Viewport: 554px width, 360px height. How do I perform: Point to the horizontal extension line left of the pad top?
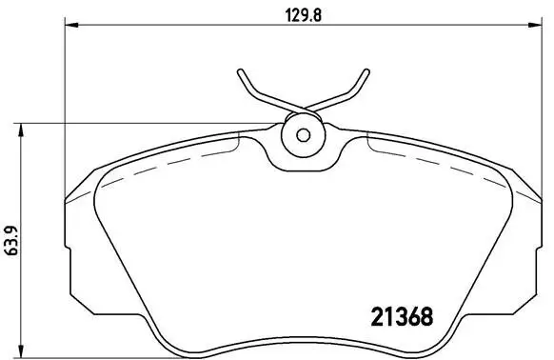click(x=143, y=123)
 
